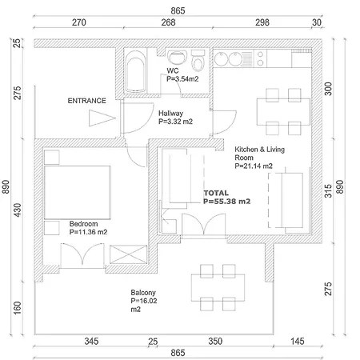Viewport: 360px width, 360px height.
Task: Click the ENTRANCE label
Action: click(x=86, y=101)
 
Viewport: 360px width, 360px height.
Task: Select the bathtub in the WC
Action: click(x=135, y=71)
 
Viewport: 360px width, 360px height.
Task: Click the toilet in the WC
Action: click(x=198, y=61)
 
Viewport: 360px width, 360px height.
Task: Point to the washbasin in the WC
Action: click(x=177, y=57)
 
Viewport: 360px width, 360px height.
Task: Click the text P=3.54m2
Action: click(x=182, y=79)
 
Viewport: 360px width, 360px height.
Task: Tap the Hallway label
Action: click(x=170, y=113)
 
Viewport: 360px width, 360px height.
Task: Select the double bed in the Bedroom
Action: click(x=78, y=192)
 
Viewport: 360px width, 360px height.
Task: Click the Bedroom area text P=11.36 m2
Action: click(x=88, y=232)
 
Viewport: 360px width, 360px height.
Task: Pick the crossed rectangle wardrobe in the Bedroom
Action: click(x=129, y=254)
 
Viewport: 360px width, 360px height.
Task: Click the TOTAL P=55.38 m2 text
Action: click(x=227, y=197)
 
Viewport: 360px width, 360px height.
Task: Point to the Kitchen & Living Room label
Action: click(x=259, y=154)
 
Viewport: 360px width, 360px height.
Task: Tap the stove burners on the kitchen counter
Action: click(x=260, y=58)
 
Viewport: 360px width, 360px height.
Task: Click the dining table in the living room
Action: click(x=283, y=112)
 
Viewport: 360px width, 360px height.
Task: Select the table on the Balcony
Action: click(x=218, y=288)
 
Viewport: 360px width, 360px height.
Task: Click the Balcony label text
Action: click(x=143, y=293)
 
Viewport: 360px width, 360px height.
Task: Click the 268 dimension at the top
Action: click(x=168, y=22)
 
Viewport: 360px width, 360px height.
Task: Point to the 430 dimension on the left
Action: click(x=18, y=210)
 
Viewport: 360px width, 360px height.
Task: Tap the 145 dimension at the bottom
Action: click(x=298, y=341)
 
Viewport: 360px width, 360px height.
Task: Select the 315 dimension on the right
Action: click(x=328, y=190)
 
